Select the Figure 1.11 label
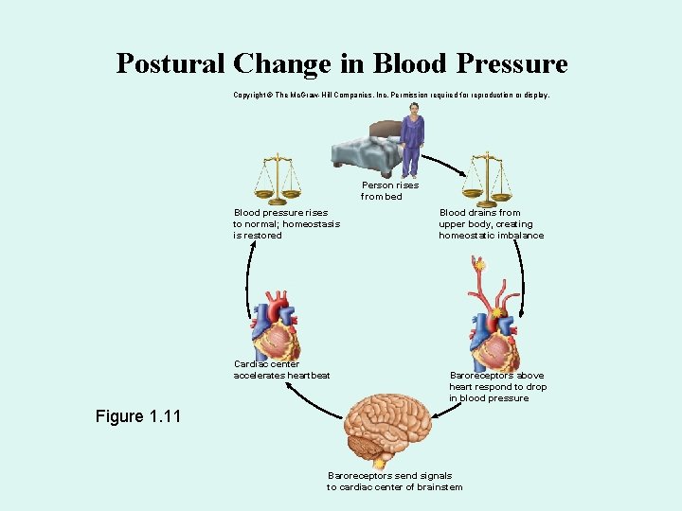tap(138, 416)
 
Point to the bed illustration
tap(366, 150)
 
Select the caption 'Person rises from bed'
tap(389, 191)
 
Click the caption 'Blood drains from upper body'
tap(491, 224)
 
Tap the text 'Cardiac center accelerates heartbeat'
tap(281, 370)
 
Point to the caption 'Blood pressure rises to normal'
tap(286, 224)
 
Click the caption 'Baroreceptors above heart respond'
tap(497, 386)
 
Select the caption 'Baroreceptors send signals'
tap(394, 481)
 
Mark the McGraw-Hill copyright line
tap(390, 96)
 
